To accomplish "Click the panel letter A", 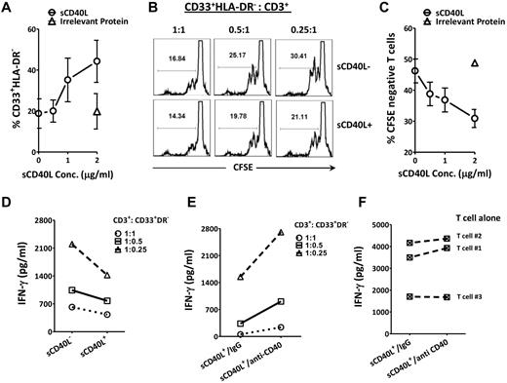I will pyautogui.click(x=7, y=9).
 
